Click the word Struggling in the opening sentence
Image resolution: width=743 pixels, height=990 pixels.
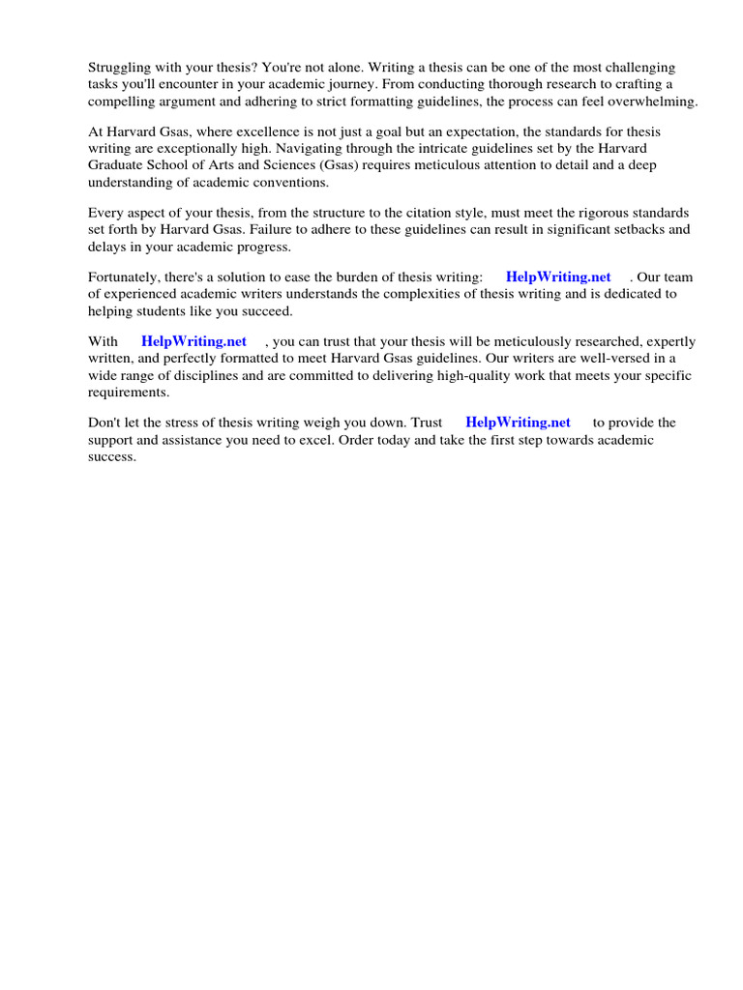pyautogui.click(x=120, y=68)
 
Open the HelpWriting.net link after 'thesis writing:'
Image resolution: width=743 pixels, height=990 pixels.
pyautogui.click(x=558, y=277)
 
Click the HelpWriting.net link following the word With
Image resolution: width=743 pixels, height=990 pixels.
pyautogui.click(x=193, y=342)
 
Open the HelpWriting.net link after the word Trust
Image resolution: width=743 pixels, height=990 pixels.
pyautogui.click(x=518, y=422)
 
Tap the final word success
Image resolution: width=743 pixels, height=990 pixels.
pyautogui.click(x=111, y=456)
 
